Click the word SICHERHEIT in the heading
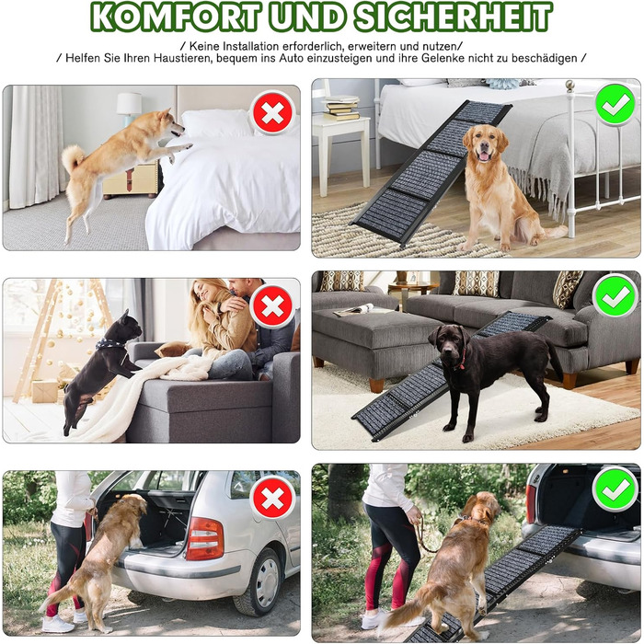[x=453, y=17]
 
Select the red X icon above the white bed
[x=272, y=113]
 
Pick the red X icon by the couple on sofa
[x=272, y=306]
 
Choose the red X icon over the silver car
[x=272, y=499]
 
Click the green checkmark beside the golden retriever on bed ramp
[x=615, y=104]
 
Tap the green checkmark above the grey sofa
[x=615, y=296]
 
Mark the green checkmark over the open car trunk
[x=615, y=489]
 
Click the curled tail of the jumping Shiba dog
[x=73, y=157]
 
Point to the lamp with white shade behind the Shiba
[x=129, y=108]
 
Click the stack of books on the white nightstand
[x=340, y=108]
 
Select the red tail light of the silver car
[x=204, y=539]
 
